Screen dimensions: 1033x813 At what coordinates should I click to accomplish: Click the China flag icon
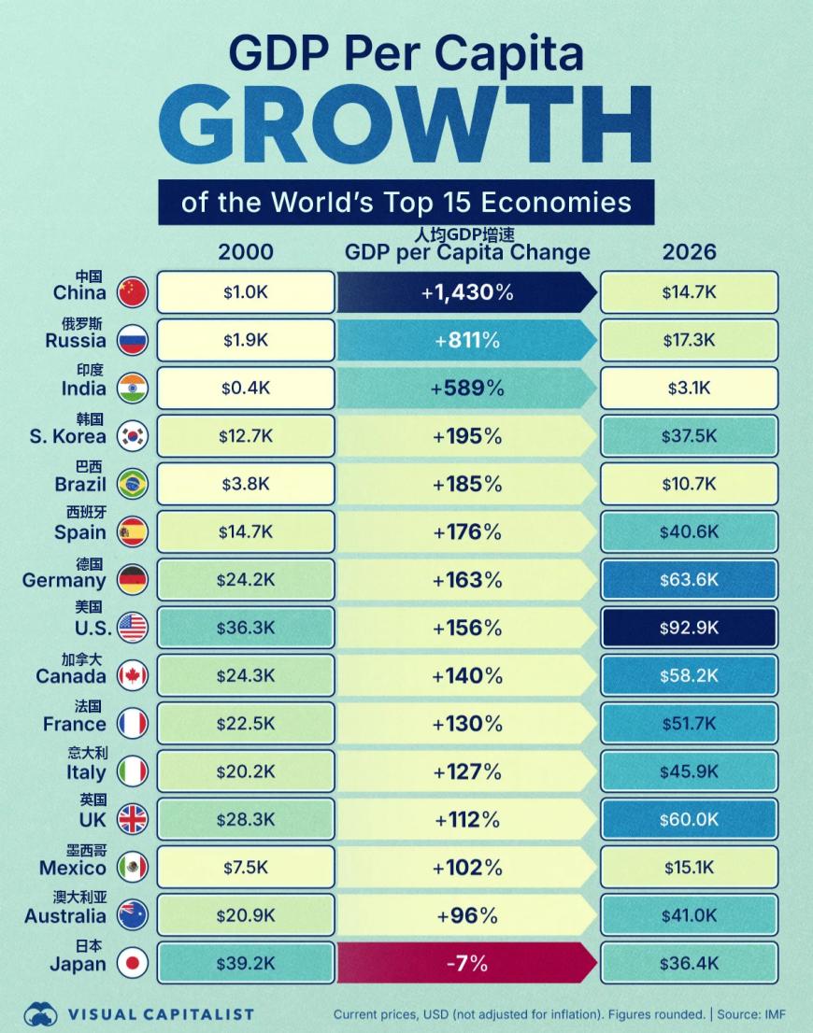point(133,292)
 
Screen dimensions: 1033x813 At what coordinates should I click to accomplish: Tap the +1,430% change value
point(466,292)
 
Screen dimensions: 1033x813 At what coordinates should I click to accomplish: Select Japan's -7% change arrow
point(466,963)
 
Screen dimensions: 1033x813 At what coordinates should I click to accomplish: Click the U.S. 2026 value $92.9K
point(689,628)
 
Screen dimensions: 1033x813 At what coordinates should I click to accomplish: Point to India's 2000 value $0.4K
point(246,389)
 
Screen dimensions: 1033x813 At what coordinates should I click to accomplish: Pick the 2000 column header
point(246,252)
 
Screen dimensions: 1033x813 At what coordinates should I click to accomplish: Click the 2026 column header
point(689,252)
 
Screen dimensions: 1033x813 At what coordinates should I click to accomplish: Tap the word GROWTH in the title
point(406,123)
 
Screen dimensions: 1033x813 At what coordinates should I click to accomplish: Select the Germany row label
point(64,580)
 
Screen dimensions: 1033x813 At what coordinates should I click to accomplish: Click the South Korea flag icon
point(133,436)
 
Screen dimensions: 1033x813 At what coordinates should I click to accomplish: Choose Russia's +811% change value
point(466,341)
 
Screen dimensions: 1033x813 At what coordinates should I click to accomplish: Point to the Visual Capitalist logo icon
point(40,1014)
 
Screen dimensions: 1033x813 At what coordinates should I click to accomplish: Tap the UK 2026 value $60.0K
point(689,820)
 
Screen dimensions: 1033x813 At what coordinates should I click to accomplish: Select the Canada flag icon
point(133,675)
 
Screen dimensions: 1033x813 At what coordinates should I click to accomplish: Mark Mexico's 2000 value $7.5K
point(246,868)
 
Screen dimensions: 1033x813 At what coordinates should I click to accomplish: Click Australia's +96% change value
point(466,915)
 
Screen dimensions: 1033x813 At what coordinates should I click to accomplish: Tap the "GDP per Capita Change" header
point(467,253)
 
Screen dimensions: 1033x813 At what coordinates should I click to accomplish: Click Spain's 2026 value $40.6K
point(689,531)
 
